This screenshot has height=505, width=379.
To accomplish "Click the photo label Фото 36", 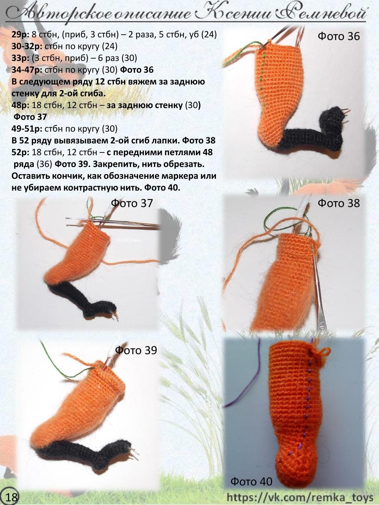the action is tap(339, 36).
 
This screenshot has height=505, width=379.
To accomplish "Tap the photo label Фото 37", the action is tap(132, 203).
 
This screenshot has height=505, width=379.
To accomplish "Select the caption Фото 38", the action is tap(339, 203).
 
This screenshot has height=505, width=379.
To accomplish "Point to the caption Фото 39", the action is tap(136, 350).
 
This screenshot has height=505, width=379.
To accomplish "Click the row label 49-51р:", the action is tap(27, 129).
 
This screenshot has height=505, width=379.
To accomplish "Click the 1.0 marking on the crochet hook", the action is tap(322, 326).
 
